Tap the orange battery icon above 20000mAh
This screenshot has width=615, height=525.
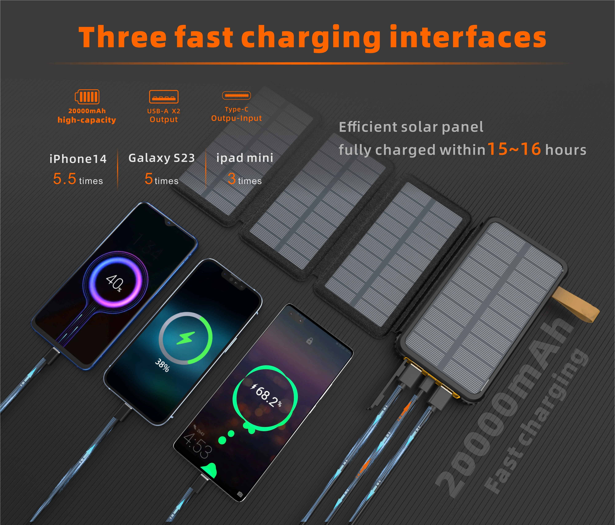point(87,97)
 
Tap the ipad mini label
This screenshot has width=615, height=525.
point(245,158)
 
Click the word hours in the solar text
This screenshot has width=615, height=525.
point(566,150)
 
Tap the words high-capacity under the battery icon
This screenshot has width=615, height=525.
point(87,120)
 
